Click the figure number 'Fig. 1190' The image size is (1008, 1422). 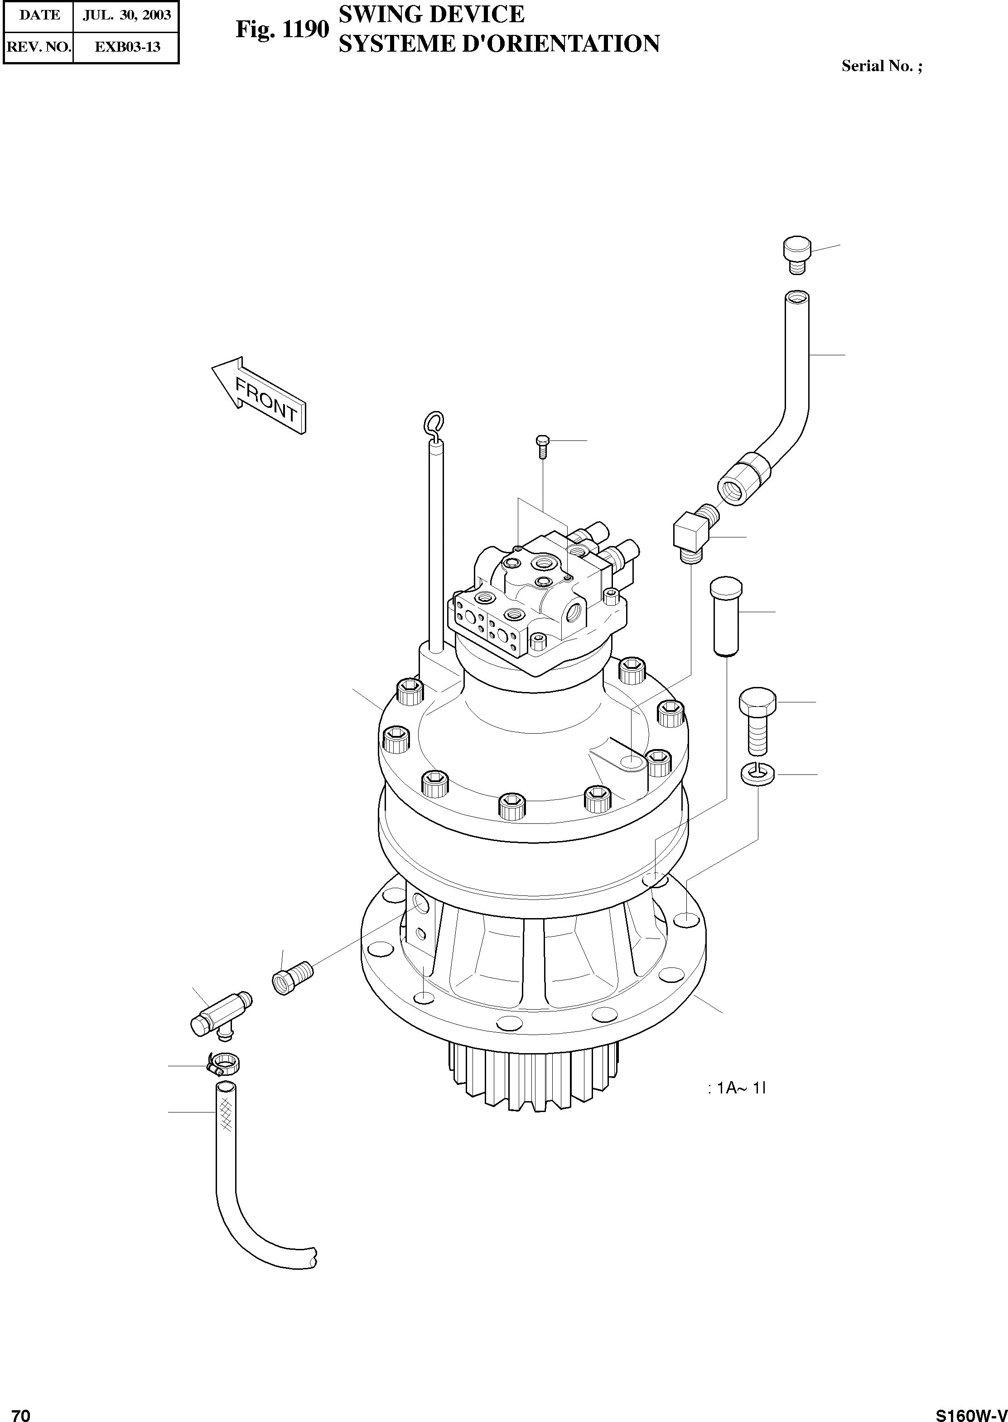click(x=282, y=29)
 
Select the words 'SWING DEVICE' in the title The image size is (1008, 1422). click(x=431, y=14)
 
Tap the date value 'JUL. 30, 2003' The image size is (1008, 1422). click(x=126, y=15)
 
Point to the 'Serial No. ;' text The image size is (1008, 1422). click(x=882, y=67)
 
